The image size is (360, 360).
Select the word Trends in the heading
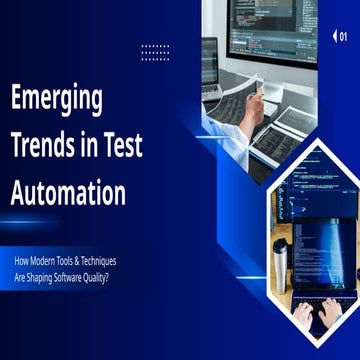click(45, 146)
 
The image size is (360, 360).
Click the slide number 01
click(343, 36)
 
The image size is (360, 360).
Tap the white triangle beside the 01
click(333, 36)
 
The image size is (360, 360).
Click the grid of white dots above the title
click(155, 52)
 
